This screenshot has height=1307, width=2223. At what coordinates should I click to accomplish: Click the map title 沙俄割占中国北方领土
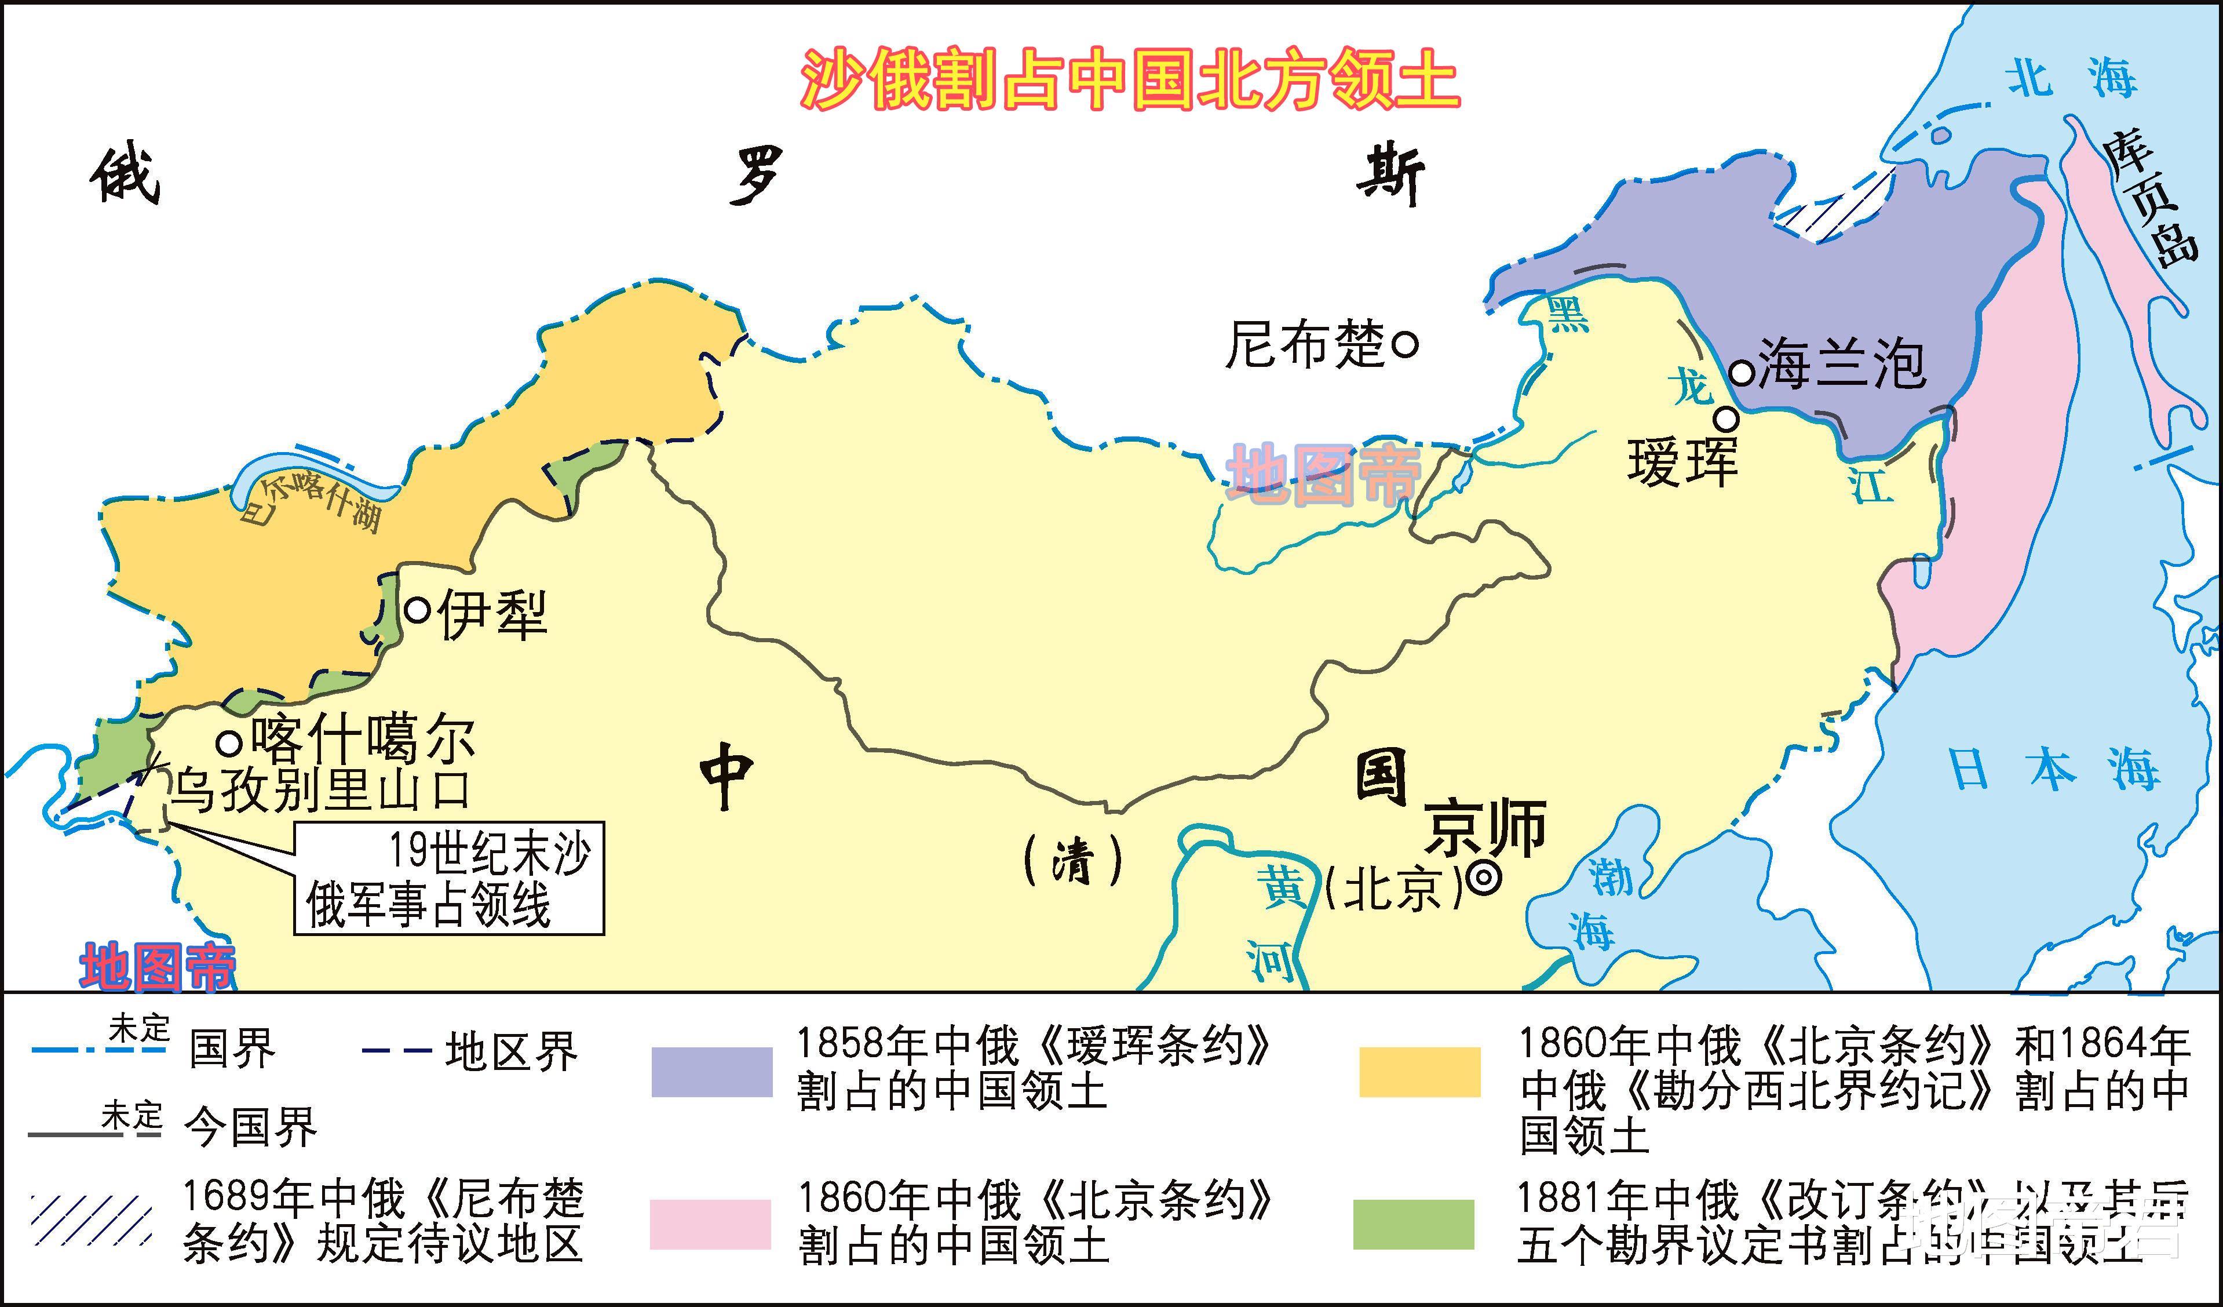pos(1130,79)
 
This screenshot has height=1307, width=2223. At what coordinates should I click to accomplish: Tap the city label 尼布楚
pos(1305,344)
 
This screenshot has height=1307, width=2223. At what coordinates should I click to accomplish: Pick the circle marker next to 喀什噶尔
pos(229,743)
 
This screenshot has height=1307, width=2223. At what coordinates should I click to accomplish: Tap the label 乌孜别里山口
pos(319,789)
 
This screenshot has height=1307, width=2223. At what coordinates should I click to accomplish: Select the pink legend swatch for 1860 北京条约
pos(710,1224)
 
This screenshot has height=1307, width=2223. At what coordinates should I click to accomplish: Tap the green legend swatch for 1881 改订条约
pos(1413,1224)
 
